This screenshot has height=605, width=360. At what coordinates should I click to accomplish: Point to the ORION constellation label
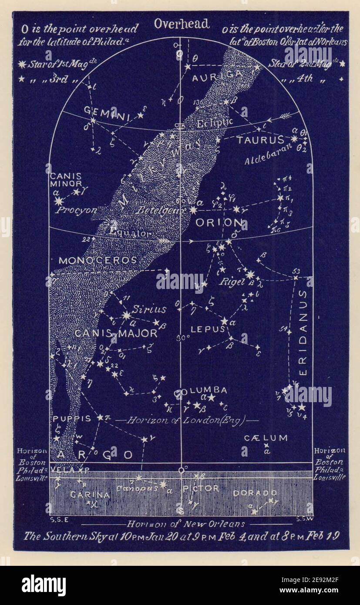pyautogui.click(x=219, y=223)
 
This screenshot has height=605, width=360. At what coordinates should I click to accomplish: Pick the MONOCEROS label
pyautogui.click(x=98, y=261)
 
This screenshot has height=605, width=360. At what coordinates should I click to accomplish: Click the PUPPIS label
pyautogui.click(x=72, y=419)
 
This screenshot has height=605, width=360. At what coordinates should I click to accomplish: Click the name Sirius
pyautogui.click(x=149, y=309)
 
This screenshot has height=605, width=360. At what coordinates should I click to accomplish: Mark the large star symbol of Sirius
pyautogui.click(x=126, y=315)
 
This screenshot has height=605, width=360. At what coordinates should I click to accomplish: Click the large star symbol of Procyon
pyautogui.click(x=59, y=201)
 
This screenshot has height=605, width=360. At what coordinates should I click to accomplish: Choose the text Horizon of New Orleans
pyautogui.click(x=185, y=524)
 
